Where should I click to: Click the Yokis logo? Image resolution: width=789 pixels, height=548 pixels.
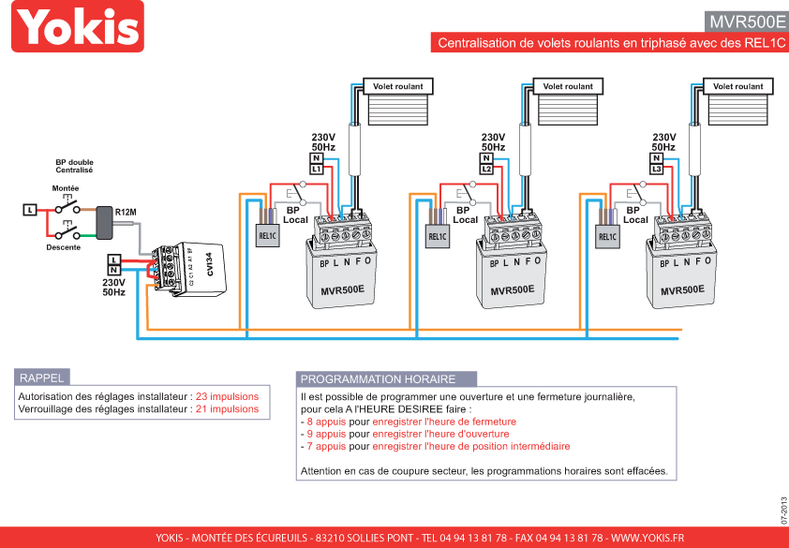[x=78, y=26]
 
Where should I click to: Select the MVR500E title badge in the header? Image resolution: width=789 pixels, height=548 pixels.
[x=747, y=22]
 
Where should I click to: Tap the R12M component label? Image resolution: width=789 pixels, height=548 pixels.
[x=126, y=213]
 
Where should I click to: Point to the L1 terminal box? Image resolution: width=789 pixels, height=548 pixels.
[x=316, y=169]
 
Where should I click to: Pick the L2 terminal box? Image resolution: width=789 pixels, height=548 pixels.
[x=486, y=169]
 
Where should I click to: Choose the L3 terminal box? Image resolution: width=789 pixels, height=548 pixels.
[x=656, y=169]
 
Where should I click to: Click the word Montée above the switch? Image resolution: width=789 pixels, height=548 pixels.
[x=66, y=188]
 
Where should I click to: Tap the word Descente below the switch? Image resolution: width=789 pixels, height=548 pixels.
[x=64, y=247]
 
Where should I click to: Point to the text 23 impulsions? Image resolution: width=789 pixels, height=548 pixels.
[x=227, y=396]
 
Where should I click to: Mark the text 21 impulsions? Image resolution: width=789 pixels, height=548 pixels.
[x=227, y=409]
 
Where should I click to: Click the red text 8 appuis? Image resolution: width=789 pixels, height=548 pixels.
[x=327, y=422]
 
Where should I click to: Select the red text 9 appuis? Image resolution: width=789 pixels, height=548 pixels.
[x=327, y=434]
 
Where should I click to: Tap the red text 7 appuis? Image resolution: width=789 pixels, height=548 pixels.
[x=327, y=446]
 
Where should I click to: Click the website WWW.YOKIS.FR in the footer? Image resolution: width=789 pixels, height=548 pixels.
[x=648, y=538]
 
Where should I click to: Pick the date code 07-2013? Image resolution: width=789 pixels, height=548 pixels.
[x=783, y=510]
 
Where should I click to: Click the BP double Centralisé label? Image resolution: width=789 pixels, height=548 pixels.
[x=74, y=166]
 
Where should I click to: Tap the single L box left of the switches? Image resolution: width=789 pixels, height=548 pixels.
[x=30, y=210]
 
